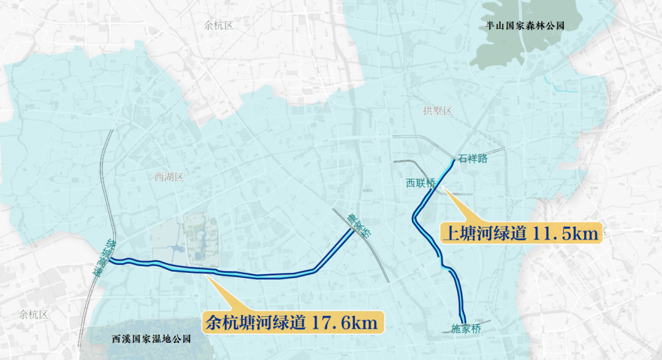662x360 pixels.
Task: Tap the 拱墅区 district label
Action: (437, 111)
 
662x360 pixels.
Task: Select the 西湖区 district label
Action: (169, 177)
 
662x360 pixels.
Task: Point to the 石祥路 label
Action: (473, 159)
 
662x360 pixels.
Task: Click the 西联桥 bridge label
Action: (420, 183)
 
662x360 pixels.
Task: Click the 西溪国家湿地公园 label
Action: (151, 339)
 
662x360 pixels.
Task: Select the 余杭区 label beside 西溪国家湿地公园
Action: (33, 315)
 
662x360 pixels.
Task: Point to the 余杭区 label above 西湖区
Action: (219, 25)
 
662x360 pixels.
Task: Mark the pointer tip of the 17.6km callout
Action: (207, 275)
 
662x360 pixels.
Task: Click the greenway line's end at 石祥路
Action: (454, 159)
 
